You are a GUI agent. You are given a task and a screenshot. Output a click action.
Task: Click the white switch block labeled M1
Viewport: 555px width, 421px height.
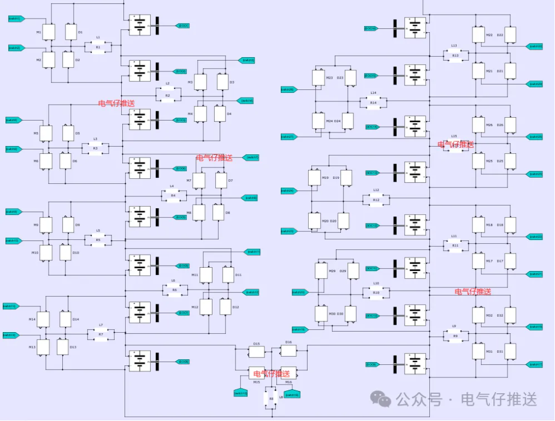49,32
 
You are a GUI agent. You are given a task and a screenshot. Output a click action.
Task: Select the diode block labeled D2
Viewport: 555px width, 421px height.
68,59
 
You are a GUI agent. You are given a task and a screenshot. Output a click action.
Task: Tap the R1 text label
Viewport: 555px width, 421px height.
98,47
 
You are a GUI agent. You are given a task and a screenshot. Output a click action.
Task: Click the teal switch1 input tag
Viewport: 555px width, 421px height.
15,19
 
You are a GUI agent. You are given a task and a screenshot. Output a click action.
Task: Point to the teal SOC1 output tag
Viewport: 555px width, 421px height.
182,26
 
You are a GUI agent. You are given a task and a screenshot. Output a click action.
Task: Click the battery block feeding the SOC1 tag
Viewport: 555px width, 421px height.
140,25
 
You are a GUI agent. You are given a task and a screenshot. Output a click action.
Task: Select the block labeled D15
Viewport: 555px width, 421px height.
257,351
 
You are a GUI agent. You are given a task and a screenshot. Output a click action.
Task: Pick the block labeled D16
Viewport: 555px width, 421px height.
288,350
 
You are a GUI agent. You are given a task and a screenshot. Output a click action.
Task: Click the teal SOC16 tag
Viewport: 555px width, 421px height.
371,28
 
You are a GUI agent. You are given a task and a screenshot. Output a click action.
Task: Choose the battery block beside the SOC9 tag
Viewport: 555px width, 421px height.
415,364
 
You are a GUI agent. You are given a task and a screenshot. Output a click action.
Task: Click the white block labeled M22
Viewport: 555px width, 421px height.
479,35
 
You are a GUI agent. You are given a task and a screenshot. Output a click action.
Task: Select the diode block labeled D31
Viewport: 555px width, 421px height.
510,351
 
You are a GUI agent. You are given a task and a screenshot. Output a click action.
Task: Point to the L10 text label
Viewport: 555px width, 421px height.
376,284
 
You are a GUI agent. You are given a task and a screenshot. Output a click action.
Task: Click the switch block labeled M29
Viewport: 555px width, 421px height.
321,271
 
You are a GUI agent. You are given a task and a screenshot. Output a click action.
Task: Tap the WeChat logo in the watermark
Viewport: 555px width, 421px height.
381,399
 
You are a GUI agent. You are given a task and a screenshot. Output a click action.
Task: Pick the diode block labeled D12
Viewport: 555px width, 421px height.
225,307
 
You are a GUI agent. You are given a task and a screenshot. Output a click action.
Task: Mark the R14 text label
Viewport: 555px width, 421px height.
373,103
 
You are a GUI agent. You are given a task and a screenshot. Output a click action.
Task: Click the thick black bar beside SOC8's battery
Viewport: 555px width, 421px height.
157,361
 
